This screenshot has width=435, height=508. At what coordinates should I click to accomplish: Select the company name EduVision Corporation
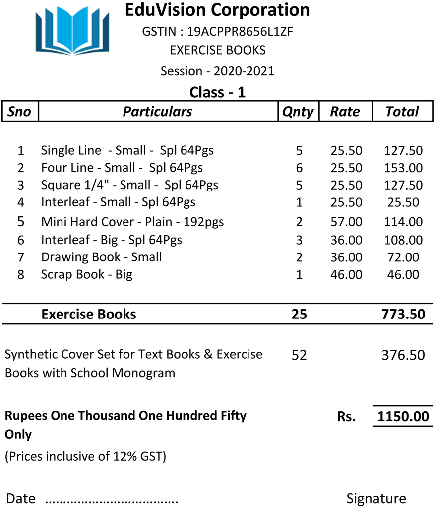pyautogui.click(x=217, y=10)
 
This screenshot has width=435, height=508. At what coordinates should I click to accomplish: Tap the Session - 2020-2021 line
pyautogui.click(x=217, y=71)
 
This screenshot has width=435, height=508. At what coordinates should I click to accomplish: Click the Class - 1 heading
pyautogui.click(x=217, y=92)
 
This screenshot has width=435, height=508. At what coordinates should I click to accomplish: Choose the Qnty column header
pyautogui.click(x=298, y=112)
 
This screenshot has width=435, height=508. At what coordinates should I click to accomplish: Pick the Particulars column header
pyautogui.click(x=157, y=112)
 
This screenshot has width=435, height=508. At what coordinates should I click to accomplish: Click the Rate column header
pyautogui.click(x=345, y=112)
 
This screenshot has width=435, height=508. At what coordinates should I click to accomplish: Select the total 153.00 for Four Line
pyautogui.click(x=403, y=168)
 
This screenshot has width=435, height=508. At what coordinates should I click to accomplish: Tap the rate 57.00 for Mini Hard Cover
pyautogui.click(x=346, y=222)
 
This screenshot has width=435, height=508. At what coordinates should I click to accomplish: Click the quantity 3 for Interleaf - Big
pyautogui.click(x=299, y=240)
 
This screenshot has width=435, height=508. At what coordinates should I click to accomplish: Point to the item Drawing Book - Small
pyautogui.click(x=101, y=257)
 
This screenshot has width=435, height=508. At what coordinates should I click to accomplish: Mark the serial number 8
pyautogui.click(x=21, y=275)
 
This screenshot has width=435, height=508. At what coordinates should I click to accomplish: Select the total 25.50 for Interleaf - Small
pyautogui.click(x=403, y=202)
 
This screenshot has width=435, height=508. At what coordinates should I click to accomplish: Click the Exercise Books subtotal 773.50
pyautogui.click(x=403, y=314)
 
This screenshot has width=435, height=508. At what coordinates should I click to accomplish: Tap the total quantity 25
pyautogui.click(x=299, y=314)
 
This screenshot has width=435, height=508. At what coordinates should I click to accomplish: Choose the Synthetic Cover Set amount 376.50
pyautogui.click(x=403, y=355)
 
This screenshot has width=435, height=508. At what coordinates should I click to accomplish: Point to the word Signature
pyautogui.click(x=376, y=498)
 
